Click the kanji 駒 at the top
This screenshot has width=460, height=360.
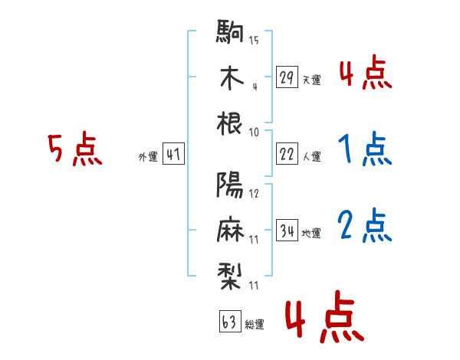(x=230, y=31)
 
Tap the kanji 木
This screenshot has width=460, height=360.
(x=232, y=77)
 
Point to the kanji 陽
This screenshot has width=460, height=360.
(x=230, y=185)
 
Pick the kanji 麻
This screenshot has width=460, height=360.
(x=231, y=230)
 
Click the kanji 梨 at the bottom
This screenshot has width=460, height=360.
(x=230, y=276)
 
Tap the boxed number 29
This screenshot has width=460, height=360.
(x=287, y=77)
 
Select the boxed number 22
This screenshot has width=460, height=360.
(x=287, y=154)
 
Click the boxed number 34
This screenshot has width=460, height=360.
(x=287, y=230)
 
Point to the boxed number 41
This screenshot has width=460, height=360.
(x=173, y=154)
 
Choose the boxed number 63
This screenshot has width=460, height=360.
(x=230, y=321)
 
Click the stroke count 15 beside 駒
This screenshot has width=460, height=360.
(x=254, y=40)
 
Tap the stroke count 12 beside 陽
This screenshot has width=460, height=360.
(x=254, y=194)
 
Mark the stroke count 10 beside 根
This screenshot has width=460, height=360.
(x=254, y=133)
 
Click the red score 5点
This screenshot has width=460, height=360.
(x=75, y=149)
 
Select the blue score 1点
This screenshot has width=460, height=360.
(x=365, y=149)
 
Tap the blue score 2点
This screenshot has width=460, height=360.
(x=365, y=226)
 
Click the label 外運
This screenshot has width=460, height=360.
(x=148, y=157)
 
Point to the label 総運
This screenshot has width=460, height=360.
(x=255, y=324)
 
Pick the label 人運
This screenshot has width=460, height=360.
(x=312, y=156)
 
